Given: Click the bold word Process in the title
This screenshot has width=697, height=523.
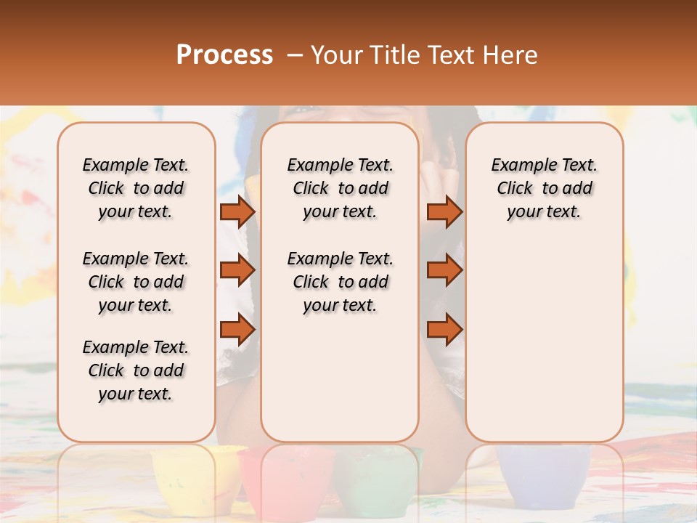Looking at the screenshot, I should (x=224, y=55).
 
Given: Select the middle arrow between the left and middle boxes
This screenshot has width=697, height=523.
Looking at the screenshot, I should (x=237, y=270).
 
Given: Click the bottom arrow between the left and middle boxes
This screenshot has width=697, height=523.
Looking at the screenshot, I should (x=237, y=330).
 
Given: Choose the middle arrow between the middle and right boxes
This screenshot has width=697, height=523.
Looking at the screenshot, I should (x=444, y=270).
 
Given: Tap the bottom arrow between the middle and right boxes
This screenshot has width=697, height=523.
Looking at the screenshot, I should (x=444, y=330).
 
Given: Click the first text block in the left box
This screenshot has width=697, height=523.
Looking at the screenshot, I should (x=136, y=188).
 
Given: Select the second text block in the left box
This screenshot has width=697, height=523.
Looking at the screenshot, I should (x=136, y=282).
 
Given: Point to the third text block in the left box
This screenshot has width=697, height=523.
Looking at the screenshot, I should (x=136, y=370).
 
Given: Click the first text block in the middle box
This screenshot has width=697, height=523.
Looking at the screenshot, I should (x=341, y=188).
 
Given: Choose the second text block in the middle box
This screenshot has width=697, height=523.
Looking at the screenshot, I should (x=341, y=282).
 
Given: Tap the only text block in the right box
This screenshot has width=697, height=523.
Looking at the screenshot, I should (x=545, y=188).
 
